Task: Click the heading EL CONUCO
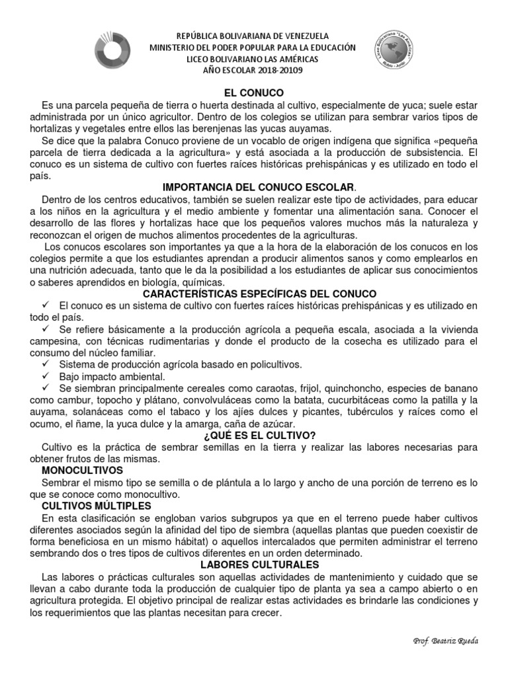tap(253, 93)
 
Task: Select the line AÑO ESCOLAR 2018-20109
tap(253, 70)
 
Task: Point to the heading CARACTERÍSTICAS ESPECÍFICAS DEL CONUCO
tap(253, 294)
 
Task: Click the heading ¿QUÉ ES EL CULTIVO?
tap(253, 435)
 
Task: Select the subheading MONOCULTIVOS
tap(83, 470)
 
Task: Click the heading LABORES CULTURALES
tap(253, 565)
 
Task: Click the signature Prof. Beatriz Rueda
tap(446, 641)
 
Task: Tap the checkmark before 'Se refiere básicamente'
tap(46, 329)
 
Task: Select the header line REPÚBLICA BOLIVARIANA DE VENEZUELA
tap(253, 36)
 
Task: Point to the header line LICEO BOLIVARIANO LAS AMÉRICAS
tap(253, 59)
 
